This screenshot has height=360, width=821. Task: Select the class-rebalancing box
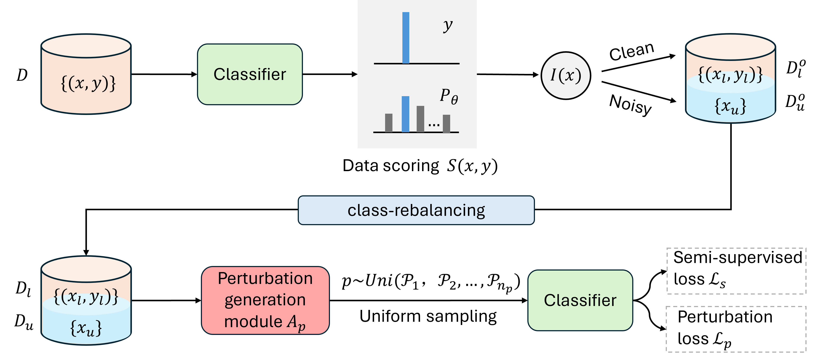click(416, 210)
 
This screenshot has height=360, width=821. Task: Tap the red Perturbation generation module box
click(265, 300)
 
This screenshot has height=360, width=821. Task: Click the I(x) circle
click(566, 75)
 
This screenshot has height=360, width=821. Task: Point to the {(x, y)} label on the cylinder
click(88, 83)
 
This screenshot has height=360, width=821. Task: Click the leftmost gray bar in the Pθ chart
click(389, 123)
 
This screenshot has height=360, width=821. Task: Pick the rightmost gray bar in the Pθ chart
click(446, 124)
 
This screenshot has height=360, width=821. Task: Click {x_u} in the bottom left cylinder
click(86, 328)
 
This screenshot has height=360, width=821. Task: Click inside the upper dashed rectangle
click(736, 271)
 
